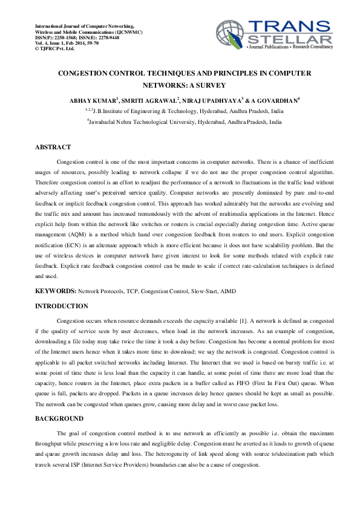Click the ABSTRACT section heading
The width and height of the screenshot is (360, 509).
click(x=53, y=148)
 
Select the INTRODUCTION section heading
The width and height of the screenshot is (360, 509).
click(x=62, y=306)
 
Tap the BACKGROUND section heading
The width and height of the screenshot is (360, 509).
click(x=59, y=418)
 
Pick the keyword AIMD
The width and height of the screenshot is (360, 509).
click(x=227, y=291)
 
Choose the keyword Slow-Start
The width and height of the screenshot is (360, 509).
click(x=200, y=291)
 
